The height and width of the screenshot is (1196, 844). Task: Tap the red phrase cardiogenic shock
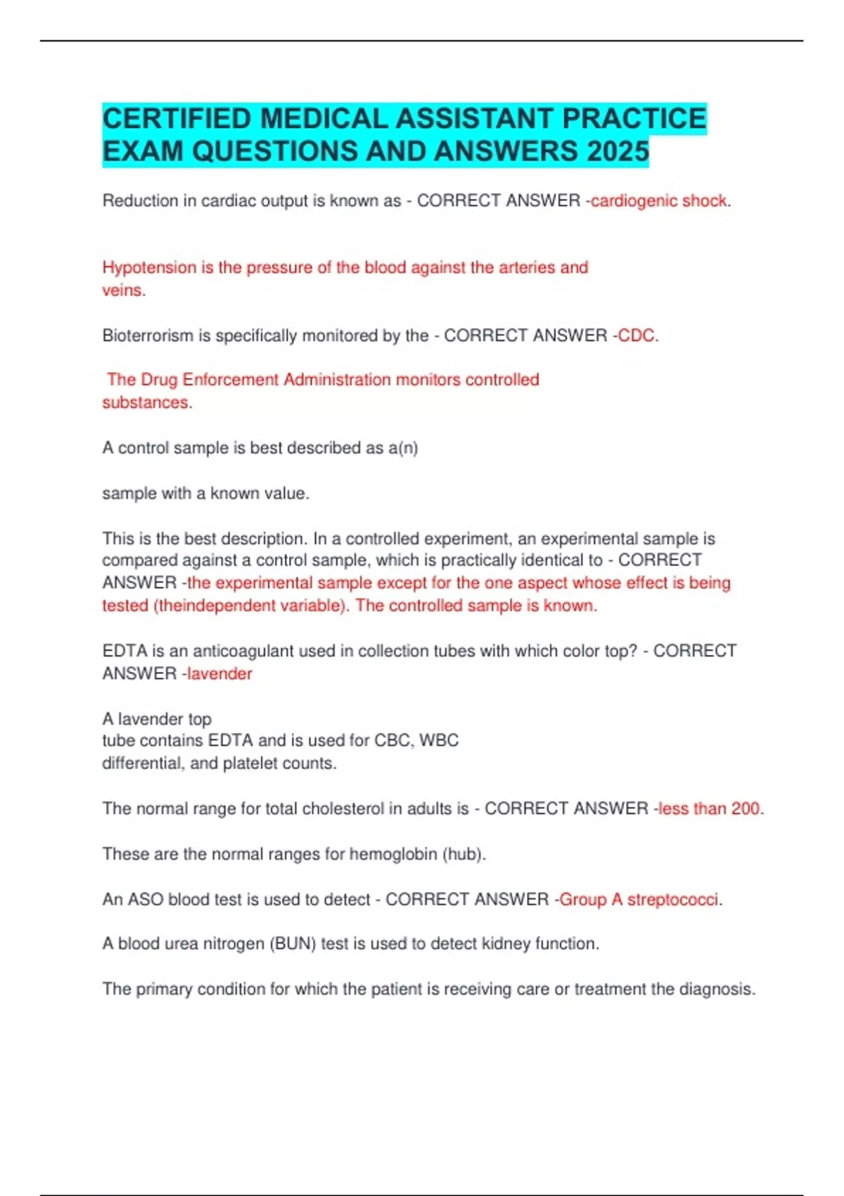point(658,201)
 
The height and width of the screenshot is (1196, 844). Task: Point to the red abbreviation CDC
point(636,336)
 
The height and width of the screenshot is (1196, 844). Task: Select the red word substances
point(146,402)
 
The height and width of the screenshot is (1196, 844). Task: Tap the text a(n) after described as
point(403,448)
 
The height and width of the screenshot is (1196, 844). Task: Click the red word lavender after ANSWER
point(219,674)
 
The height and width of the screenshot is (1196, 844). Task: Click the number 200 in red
point(745,809)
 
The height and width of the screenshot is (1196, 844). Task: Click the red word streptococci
point(673,900)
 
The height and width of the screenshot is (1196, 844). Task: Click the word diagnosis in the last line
point(716,989)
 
